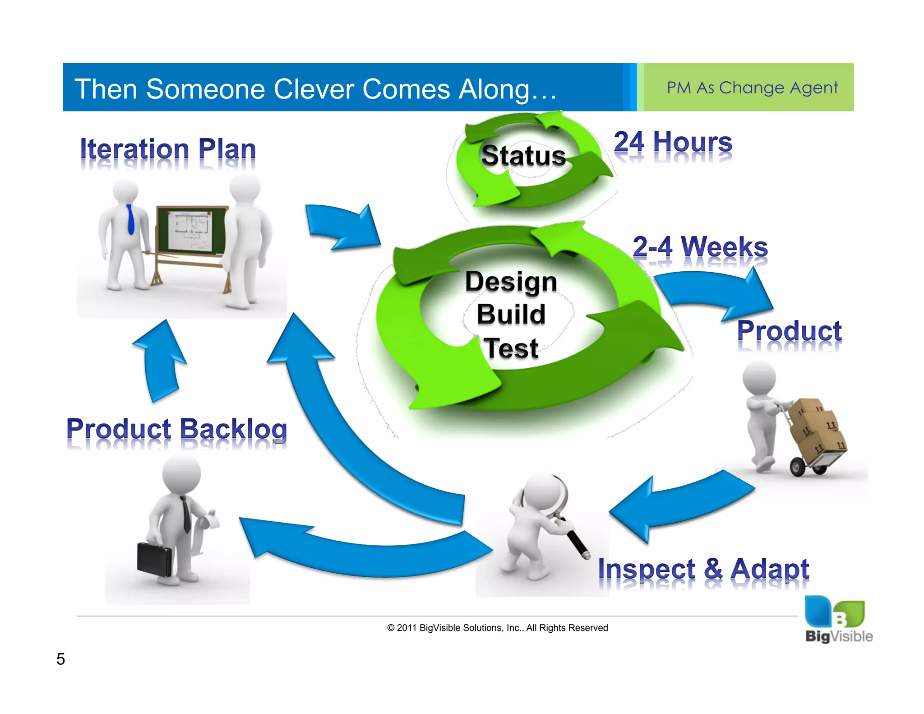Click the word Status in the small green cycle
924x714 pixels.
[523, 156]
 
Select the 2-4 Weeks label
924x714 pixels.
[700, 247]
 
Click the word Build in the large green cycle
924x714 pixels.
[511, 314]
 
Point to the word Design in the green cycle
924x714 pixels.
[511, 282]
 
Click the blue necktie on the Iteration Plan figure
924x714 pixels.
[130, 219]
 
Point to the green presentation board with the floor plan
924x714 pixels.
[191, 231]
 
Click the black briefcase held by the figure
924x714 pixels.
[154, 559]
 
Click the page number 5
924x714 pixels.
[60, 659]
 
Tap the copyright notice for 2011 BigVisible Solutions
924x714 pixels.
[497, 628]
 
